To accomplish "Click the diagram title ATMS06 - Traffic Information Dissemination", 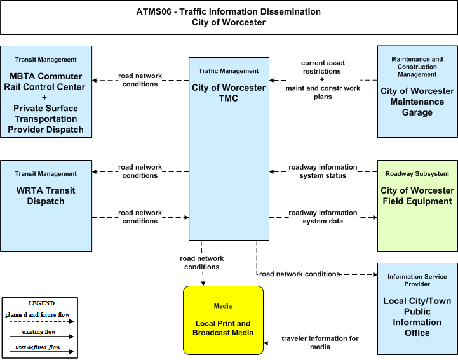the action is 229,11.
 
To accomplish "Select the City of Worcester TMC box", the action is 229,149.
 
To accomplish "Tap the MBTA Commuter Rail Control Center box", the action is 46,91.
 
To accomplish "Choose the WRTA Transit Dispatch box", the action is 46,206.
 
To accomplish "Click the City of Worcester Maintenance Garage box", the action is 417,91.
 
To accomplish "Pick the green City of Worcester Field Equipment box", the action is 417,206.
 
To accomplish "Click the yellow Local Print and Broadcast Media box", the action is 223,320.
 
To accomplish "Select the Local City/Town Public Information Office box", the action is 417,309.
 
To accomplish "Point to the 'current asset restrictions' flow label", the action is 323,67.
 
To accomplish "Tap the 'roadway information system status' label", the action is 323,171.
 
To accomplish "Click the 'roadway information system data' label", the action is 323,217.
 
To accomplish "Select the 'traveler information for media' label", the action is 320,343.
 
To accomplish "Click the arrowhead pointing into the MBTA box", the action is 95,80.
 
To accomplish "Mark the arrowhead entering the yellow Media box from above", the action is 203,283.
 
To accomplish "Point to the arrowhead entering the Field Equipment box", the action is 375,217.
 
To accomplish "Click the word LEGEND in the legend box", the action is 41,303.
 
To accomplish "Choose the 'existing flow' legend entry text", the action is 39,332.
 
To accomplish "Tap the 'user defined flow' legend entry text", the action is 38,347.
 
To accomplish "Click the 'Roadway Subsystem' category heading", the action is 417,174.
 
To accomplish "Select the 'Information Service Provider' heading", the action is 417,280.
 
